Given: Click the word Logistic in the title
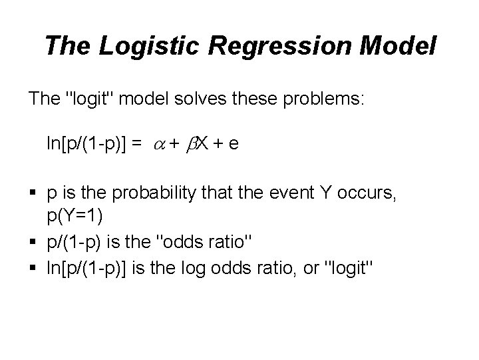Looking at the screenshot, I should [x=134, y=46].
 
